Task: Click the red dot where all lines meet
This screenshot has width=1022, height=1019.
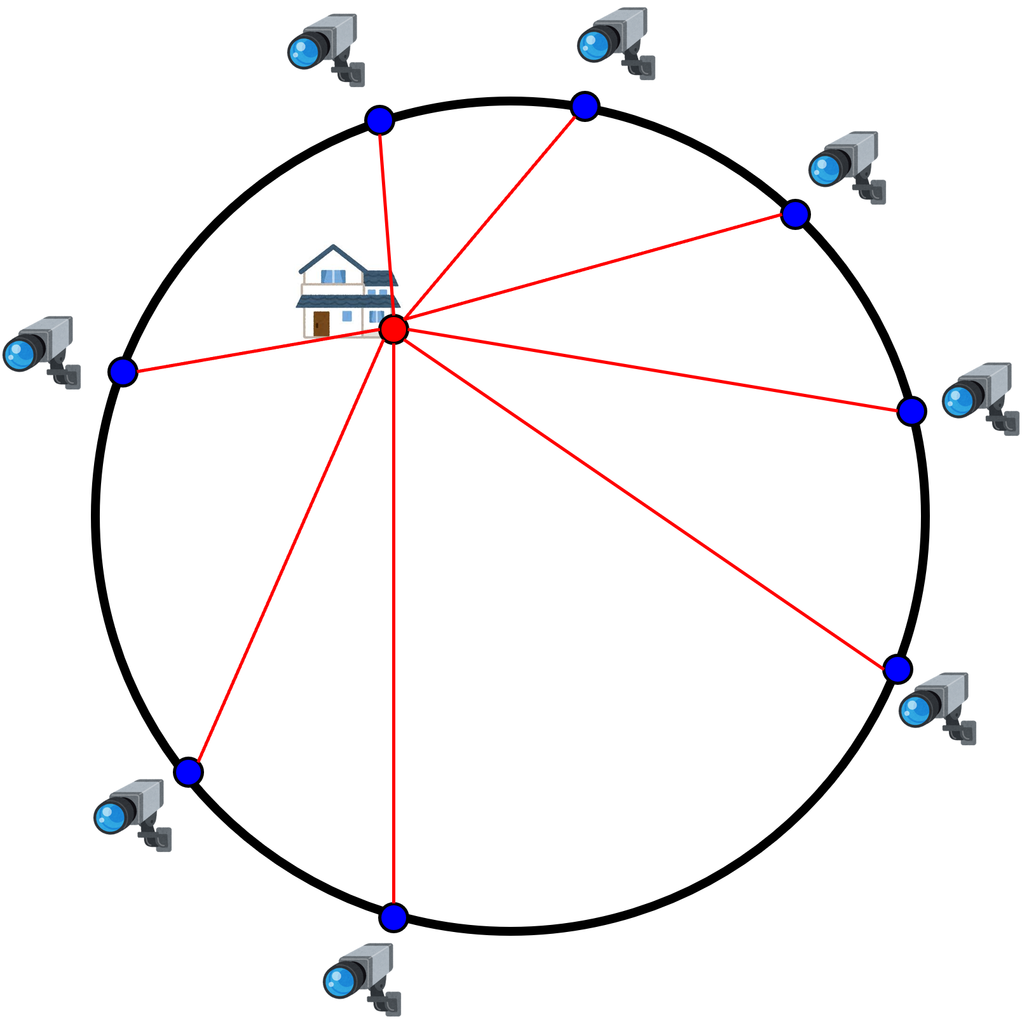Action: coord(393,329)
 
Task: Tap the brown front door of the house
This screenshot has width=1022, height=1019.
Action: coord(322,323)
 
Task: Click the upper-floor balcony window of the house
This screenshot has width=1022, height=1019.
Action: coord(333,277)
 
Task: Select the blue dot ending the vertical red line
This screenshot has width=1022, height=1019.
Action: coord(393,917)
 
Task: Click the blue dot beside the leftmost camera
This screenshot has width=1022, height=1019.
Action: coord(123,372)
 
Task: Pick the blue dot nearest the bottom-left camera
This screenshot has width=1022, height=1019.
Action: coord(188,772)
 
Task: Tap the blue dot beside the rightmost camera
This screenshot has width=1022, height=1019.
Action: coord(911,412)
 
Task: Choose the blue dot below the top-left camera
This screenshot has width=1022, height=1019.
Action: coord(379,120)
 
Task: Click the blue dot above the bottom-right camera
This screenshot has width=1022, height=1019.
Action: coord(897,669)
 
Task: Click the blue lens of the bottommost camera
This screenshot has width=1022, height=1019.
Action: coord(339,982)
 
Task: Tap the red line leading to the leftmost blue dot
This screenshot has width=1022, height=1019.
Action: coord(254,351)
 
